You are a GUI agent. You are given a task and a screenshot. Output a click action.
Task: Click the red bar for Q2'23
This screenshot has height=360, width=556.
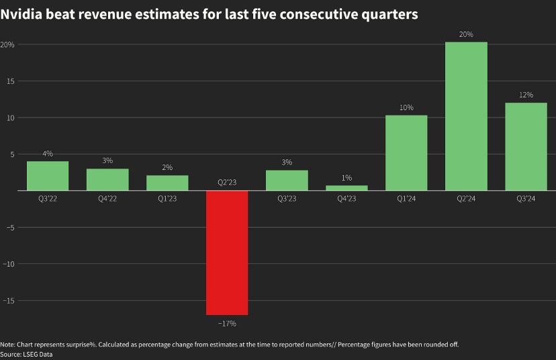coord(227,253)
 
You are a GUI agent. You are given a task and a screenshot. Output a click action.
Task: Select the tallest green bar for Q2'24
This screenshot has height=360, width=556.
coord(467,116)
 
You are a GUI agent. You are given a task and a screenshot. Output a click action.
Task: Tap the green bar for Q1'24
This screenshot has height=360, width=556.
coord(406,153)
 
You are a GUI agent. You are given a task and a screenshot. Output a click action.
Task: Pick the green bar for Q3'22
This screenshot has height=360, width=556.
coord(48,176)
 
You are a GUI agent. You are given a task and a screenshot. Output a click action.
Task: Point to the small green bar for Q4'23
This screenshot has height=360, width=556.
coord(346,188)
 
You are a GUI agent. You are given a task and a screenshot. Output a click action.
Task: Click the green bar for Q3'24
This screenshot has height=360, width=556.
coord(526,146)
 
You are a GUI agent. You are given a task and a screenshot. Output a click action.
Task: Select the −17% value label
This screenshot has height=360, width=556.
coord(227,324)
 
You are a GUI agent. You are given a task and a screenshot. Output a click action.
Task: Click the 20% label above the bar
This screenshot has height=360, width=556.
coord(467,34)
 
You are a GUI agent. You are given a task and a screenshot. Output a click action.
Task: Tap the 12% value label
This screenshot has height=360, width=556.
coord(526,95)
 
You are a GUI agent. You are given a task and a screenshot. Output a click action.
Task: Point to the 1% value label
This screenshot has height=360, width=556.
coord(346,178)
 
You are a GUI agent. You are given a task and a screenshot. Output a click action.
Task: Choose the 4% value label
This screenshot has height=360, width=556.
coord(48,154)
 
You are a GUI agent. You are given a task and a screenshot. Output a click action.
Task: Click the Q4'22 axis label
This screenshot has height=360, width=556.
coord(107,199)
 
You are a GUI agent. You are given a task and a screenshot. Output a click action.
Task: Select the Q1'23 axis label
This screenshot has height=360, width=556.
coord(167,199)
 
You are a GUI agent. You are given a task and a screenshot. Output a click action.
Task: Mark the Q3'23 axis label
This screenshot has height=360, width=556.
coord(287,199)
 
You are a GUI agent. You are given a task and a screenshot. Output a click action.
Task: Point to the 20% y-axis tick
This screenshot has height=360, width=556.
coord(7,44)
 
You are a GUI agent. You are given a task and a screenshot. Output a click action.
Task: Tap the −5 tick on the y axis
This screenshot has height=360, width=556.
coord(9,227)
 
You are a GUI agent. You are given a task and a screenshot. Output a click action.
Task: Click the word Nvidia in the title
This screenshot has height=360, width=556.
coord(24,14)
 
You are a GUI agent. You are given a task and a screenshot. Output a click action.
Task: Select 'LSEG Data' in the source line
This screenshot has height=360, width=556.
coord(37,354)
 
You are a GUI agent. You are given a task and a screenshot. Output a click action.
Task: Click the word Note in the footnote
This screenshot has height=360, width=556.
coord(7,345)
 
